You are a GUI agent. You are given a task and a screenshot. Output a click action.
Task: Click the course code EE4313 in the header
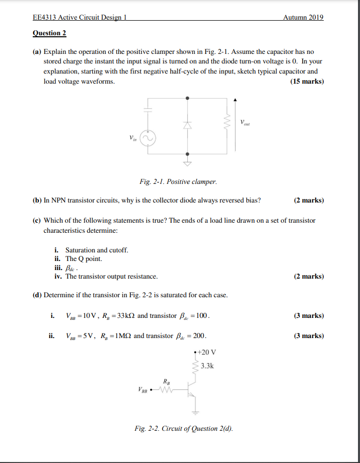pyautogui.click(x=44, y=18)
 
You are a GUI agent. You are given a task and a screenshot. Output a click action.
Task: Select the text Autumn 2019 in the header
pyautogui.click(x=303, y=18)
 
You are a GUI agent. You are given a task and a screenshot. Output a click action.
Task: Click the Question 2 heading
pyautogui.click(x=49, y=34)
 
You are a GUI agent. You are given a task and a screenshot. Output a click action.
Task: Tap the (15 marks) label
pyautogui.click(x=307, y=82)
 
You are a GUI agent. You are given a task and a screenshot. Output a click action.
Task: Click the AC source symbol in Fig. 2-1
pyautogui.click(x=148, y=138)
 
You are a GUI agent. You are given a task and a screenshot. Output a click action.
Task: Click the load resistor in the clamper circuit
pyautogui.click(x=228, y=121)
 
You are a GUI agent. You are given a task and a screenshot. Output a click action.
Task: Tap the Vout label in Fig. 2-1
pyautogui.click(x=245, y=122)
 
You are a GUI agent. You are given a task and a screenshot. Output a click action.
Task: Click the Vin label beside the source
pyautogui.click(x=133, y=137)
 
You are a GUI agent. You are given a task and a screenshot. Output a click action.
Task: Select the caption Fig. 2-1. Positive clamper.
pyautogui.click(x=178, y=181)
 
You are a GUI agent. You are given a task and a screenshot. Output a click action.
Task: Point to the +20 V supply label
pyautogui.click(x=207, y=352)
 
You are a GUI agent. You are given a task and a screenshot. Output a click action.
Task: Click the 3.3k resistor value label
pyautogui.click(x=207, y=366)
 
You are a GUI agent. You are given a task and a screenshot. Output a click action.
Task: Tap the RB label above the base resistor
pyautogui.click(x=167, y=381)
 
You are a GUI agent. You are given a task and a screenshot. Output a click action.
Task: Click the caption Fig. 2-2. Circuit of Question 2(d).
pyautogui.click(x=184, y=429)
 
